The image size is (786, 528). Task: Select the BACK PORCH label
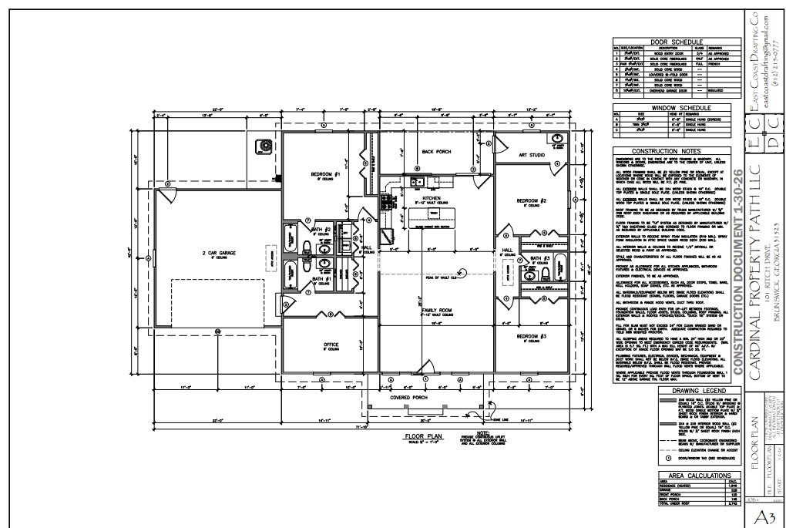(x=435, y=151)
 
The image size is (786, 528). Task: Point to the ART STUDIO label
(x=531, y=155)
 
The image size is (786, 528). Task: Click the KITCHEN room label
(x=432, y=198)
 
